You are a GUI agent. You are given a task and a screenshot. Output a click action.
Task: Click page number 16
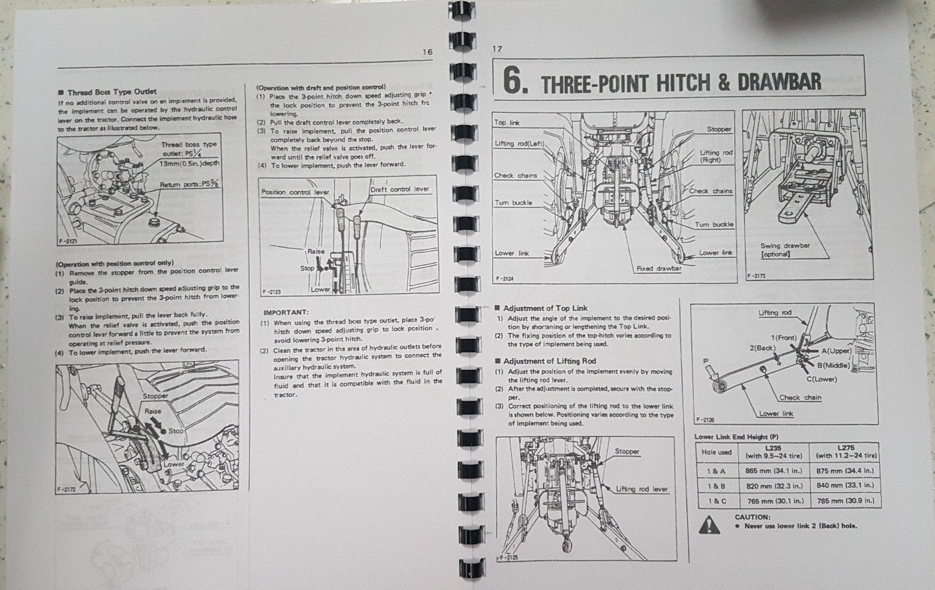click(x=427, y=52)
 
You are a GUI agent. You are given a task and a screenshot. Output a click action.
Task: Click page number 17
click(x=497, y=49)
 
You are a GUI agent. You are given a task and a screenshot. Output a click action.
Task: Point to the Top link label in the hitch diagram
click(x=508, y=122)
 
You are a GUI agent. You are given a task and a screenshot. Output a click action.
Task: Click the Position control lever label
click(x=296, y=191)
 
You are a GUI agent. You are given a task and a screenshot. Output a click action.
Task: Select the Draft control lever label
click(x=400, y=189)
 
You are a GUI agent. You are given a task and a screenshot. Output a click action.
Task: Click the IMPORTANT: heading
click(x=286, y=312)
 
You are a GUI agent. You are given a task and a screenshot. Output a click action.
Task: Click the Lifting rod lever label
click(x=641, y=489)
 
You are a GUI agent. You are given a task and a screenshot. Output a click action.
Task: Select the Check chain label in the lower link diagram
click(x=800, y=397)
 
